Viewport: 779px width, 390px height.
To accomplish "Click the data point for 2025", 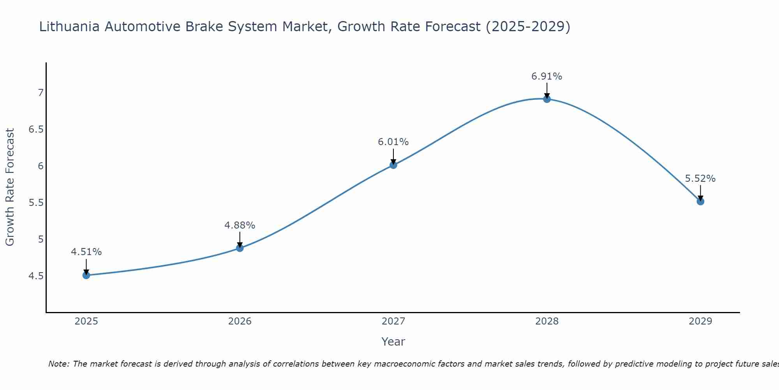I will click(86, 275).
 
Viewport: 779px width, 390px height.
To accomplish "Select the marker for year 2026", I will click(240, 248).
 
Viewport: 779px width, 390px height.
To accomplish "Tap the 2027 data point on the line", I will click(393, 165).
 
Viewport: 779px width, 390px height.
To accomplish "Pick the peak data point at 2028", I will click(547, 99).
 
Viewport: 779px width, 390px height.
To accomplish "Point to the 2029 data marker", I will click(700, 201).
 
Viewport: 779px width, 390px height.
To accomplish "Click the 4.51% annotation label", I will click(86, 252).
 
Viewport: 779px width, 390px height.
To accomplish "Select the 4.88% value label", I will click(240, 225).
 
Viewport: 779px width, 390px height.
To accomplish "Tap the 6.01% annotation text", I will click(393, 142).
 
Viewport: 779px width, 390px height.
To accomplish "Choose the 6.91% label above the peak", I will click(547, 76).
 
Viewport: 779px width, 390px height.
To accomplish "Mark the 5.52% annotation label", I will click(700, 179).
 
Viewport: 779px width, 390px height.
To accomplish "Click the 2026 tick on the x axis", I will click(240, 321).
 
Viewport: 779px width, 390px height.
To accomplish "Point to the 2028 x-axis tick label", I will click(547, 321).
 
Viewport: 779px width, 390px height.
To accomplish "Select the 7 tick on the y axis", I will click(40, 93).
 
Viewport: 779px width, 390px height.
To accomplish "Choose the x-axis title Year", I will click(393, 342).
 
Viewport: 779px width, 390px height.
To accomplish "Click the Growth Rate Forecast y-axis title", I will click(10, 187).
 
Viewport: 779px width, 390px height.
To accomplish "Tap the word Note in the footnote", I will click(58, 364).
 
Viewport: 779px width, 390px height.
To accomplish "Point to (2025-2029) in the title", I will click(528, 27).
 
